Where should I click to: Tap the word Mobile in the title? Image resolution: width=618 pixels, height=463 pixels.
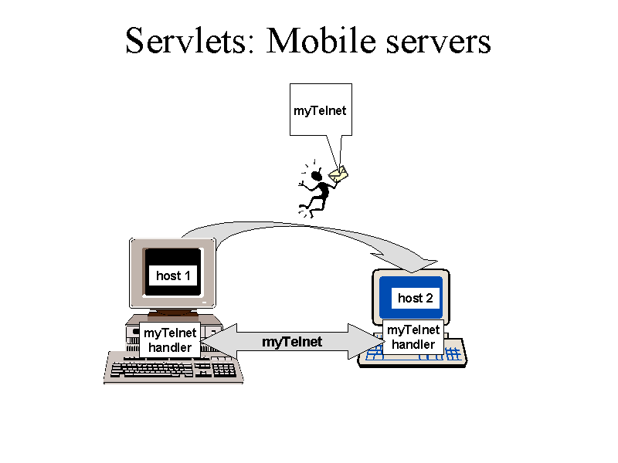[x=321, y=41]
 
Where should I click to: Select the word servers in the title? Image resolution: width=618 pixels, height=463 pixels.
[x=438, y=42]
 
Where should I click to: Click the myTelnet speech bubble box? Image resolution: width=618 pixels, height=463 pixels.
[x=321, y=110]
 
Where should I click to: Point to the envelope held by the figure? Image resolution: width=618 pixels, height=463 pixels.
[x=338, y=175]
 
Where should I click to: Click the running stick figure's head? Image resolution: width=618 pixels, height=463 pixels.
[x=317, y=175]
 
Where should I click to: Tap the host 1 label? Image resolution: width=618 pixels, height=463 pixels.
[x=173, y=275]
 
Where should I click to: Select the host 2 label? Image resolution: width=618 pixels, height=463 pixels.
[x=416, y=298]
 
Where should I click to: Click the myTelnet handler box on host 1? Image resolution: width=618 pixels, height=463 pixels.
[x=170, y=340]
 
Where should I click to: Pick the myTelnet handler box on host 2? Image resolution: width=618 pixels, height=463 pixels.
[x=413, y=337]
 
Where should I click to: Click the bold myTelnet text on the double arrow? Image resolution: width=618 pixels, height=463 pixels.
[x=292, y=342]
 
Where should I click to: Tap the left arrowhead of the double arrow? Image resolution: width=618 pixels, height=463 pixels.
[x=219, y=341]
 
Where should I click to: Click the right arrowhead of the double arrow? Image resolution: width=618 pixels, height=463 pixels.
[x=365, y=341]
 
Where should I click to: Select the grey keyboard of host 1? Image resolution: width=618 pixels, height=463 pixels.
[x=173, y=368]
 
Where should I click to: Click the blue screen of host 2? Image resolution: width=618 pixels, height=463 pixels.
[x=411, y=298]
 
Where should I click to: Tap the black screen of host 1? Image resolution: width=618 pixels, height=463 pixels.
[x=173, y=272]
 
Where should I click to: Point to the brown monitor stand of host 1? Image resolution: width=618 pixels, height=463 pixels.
[x=173, y=313]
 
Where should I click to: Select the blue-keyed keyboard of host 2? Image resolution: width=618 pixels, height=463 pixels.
[x=413, y=353]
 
